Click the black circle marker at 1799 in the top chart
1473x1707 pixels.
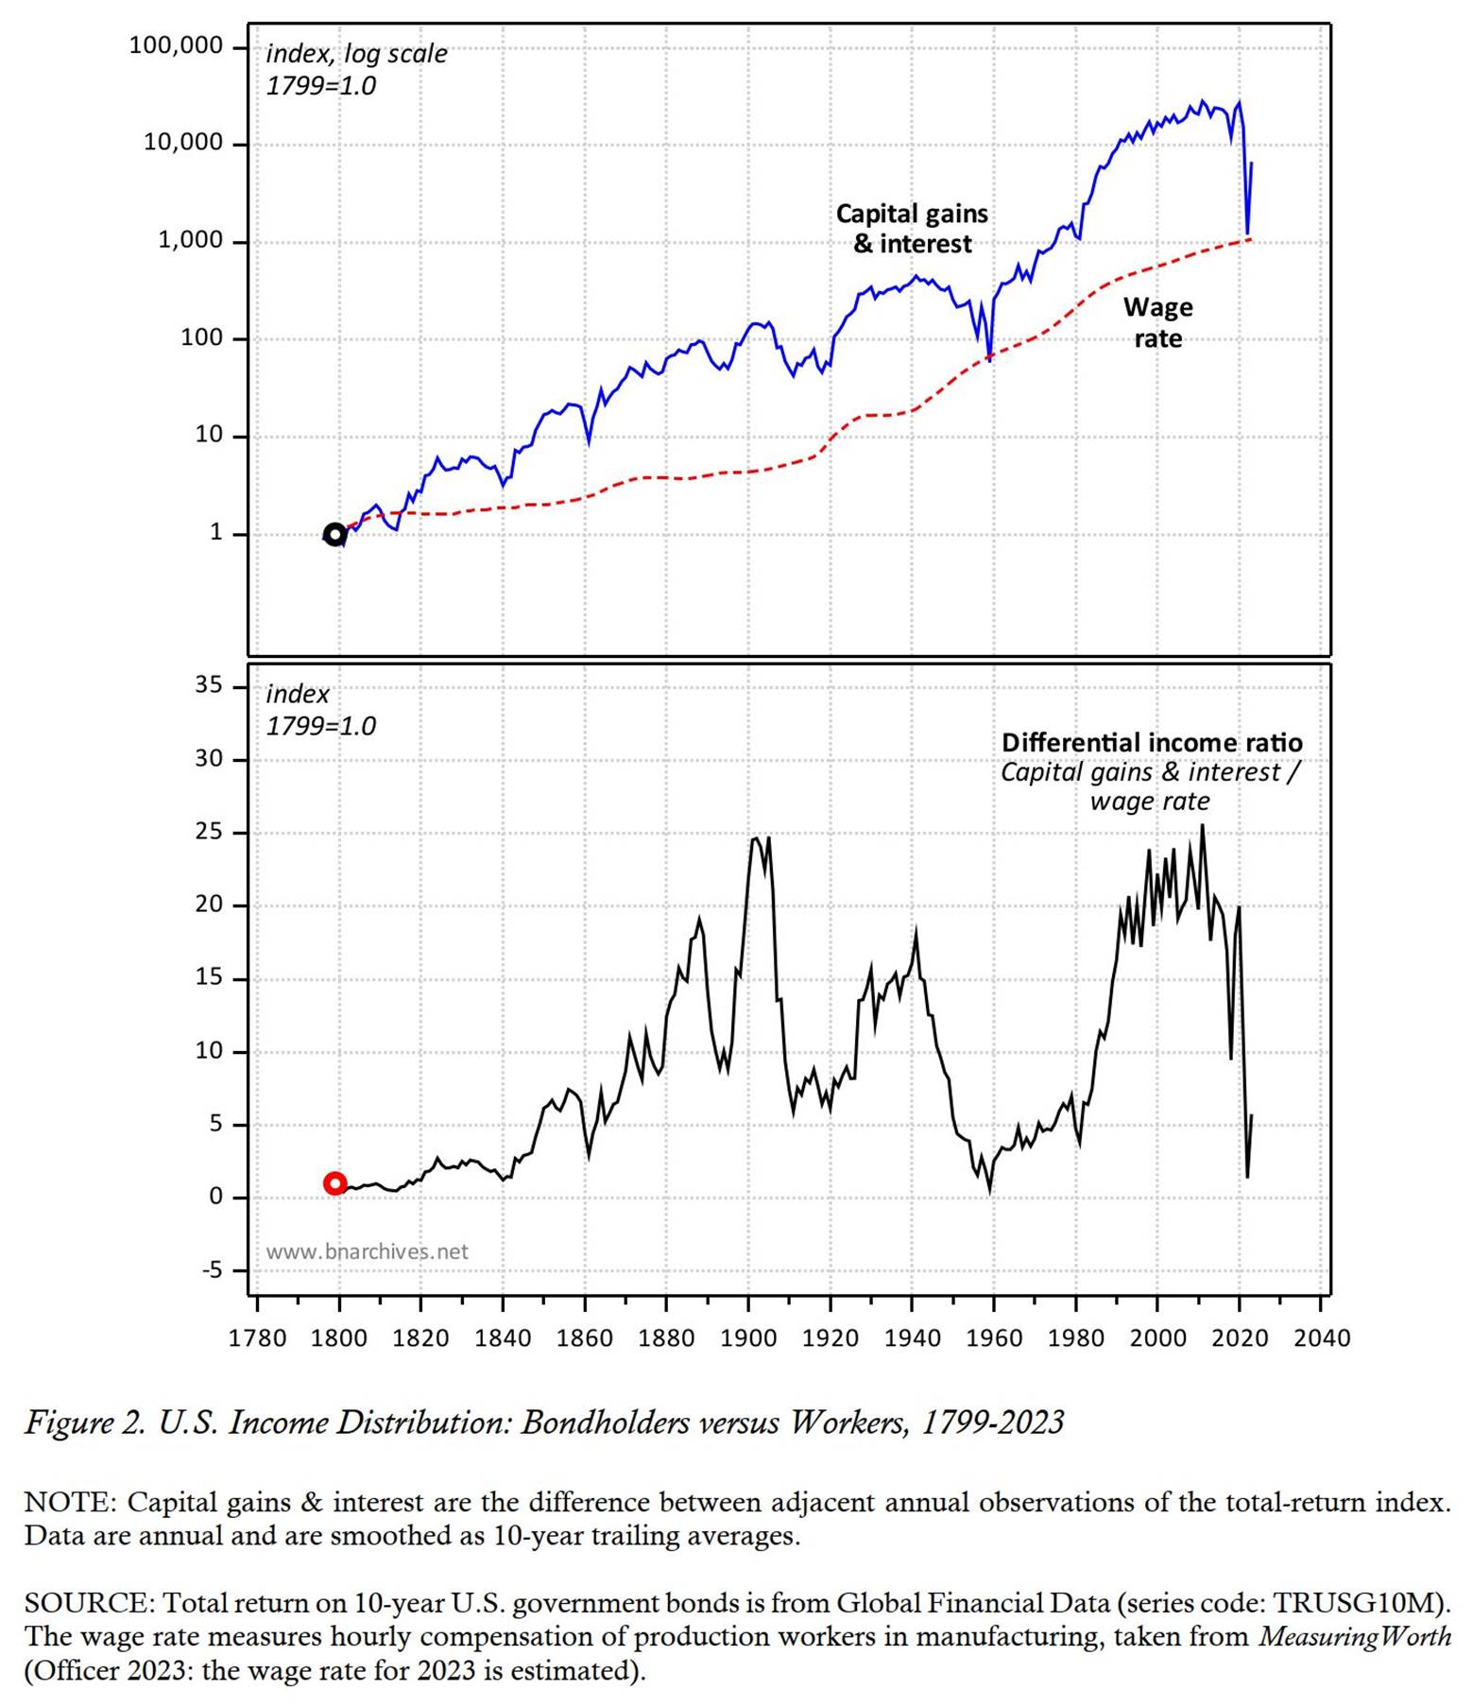coord(334,535)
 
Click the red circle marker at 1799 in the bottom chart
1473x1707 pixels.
coord(335,1183)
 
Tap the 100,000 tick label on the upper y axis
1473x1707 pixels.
coord(177,45)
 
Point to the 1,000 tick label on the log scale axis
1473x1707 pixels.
coord(190,240)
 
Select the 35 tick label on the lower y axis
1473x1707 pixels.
coord(208,684)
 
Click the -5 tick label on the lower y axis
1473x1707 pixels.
coord(212,1269)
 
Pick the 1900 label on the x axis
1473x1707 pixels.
coord(748,1338)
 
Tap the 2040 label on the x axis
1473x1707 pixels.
coord(1321,1338)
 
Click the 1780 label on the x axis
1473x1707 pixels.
coord(257,1338)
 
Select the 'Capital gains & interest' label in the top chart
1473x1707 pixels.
coord(912,229)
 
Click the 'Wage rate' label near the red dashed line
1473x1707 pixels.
coord(1157,322)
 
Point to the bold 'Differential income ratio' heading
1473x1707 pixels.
coord(1152,742)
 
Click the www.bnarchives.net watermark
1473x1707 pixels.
coord(367,1251)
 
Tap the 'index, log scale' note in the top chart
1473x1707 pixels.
coord(356,54)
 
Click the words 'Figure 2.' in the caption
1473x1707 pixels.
coord(85,1422)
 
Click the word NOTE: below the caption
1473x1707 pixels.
coord(70,1502)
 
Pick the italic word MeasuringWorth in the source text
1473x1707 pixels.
coord(1354,1636)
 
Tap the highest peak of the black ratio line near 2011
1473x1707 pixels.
coord(1202,826)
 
